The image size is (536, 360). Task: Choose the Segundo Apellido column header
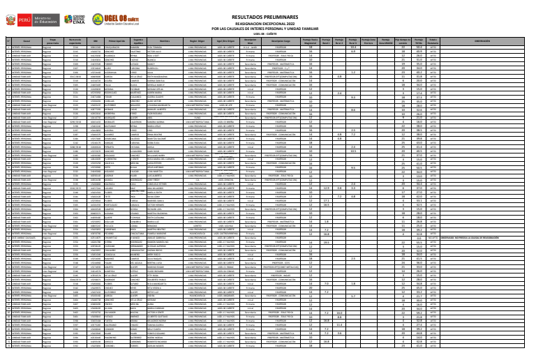(138, 41)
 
